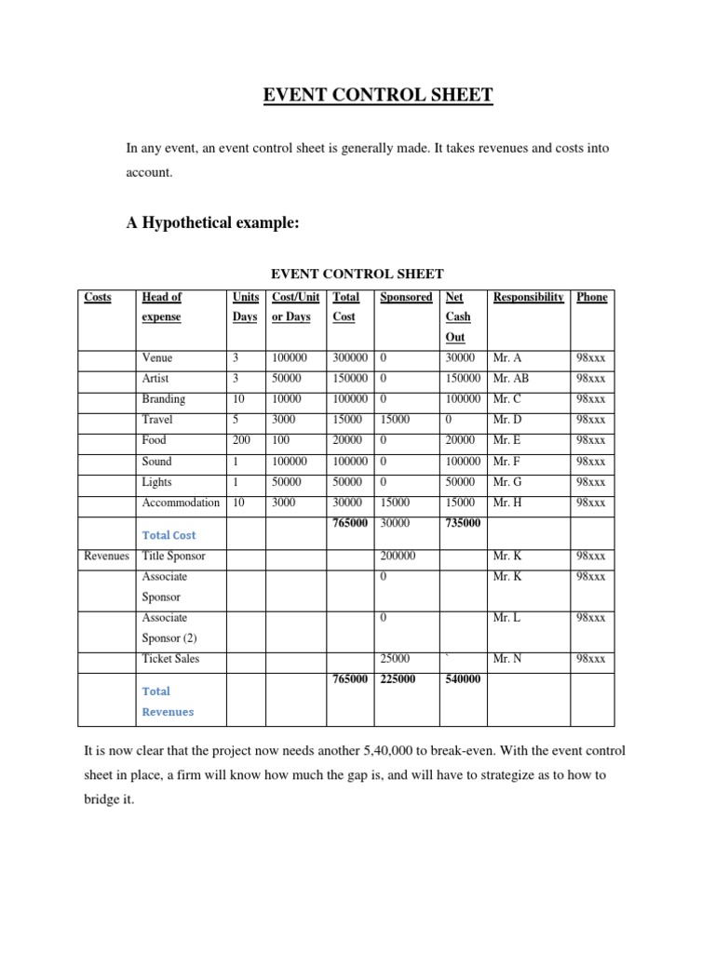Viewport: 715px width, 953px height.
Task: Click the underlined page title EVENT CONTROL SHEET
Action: click(x=357, y=95)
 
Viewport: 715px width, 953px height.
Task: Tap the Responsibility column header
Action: click(x=528, y=297)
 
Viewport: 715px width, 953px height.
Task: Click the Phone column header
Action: click(x=591, y=297)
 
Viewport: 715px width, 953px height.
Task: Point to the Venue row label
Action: click(x=157, y=357)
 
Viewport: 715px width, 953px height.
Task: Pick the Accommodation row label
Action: click(x=181, y=503)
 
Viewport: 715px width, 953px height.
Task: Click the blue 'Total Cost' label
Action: click(x=169, y=535)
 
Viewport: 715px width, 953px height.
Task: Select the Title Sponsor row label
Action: click(x=173, y=556)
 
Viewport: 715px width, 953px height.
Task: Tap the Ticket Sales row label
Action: click(x=170, y=659)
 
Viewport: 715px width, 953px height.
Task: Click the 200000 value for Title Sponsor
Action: click(x=398, y=556)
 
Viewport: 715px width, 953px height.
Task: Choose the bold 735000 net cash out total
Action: click(x=463, y=523)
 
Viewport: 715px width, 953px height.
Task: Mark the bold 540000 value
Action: click(x=463, y=679)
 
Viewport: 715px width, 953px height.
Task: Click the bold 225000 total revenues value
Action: click(x=398, y=679)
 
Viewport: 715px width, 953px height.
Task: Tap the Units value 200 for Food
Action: click(x=241, y=440)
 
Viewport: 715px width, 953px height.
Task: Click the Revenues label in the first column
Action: click(x=106, y=556)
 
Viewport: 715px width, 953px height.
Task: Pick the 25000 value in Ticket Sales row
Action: click(x=395, y=659)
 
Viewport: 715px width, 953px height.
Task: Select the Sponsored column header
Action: click(x=406, y=297)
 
